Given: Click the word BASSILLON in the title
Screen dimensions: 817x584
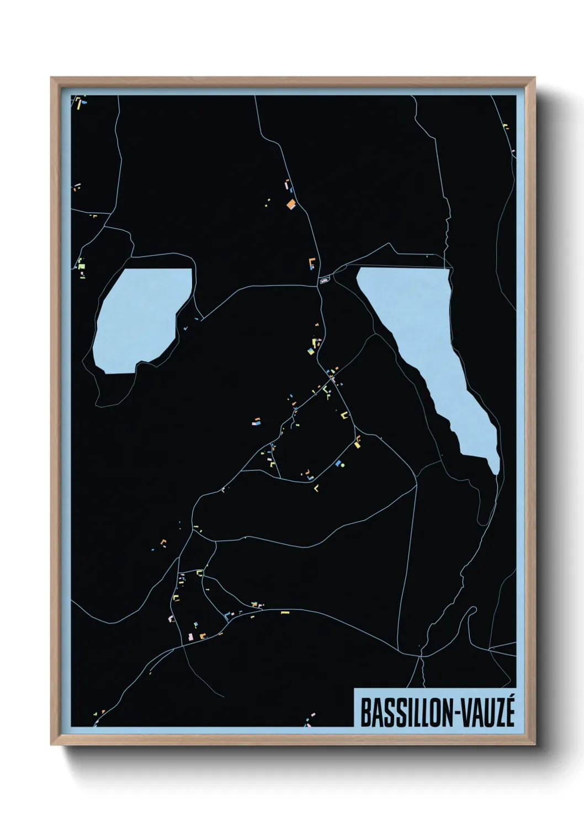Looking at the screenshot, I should (406, 713).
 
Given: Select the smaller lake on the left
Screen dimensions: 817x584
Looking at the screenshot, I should (141, 320).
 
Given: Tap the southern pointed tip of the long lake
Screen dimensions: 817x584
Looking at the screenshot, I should (496, 472).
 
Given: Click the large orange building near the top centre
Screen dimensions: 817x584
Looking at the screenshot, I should (291, 205).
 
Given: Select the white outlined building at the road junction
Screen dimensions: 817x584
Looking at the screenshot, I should (325, 280).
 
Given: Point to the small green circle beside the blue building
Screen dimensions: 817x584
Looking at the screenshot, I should (343, 465).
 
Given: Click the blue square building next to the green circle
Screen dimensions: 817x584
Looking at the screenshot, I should (337, 464).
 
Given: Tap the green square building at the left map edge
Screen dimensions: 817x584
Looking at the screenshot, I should (82, 266).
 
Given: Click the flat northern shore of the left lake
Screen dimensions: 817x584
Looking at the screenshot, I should (157, 270).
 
